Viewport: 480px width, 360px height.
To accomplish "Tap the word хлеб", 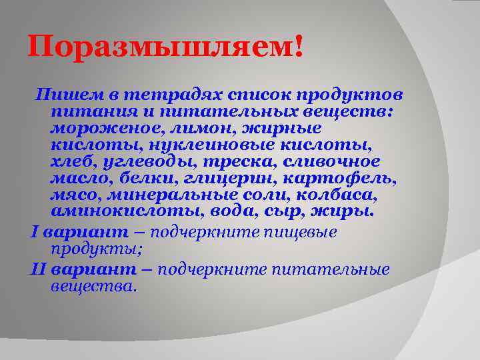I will point(69,161).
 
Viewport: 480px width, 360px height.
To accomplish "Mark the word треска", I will point(215,161).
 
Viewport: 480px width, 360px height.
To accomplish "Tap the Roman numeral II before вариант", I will point(37,269).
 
